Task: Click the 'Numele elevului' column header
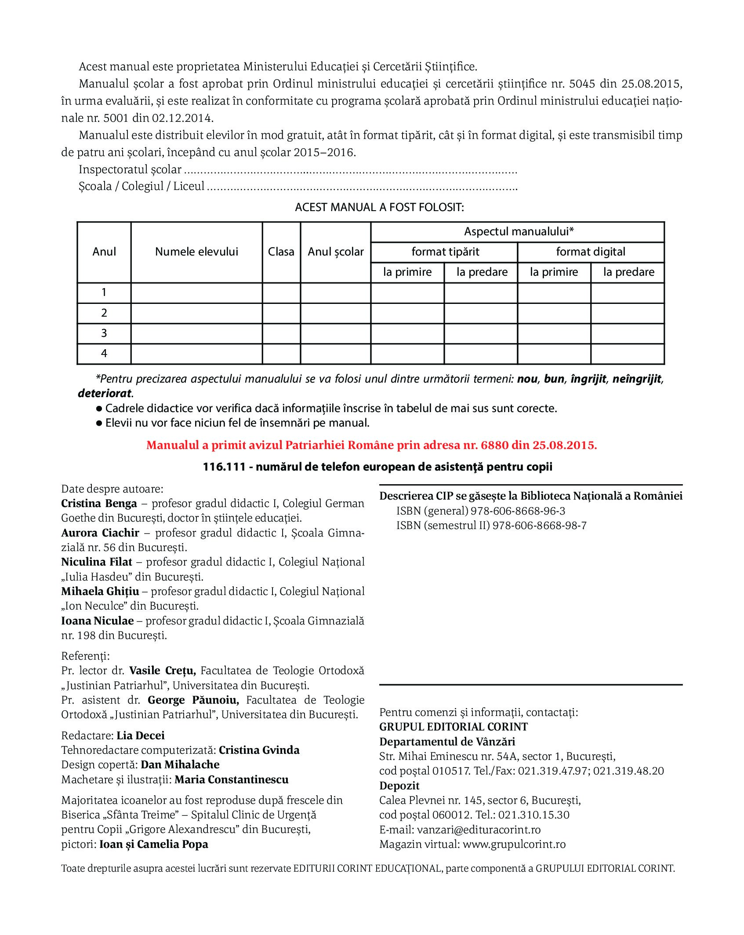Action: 196,252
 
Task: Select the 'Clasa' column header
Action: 281,252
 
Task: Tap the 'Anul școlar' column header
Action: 336,252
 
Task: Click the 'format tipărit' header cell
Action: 445,252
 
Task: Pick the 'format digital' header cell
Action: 591,252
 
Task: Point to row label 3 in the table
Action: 104,333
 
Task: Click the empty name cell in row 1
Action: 196,292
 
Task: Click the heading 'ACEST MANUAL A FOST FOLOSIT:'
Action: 379,207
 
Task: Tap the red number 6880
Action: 494,445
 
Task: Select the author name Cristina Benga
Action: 99,504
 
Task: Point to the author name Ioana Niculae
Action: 97,621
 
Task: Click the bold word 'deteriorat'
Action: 105,393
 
